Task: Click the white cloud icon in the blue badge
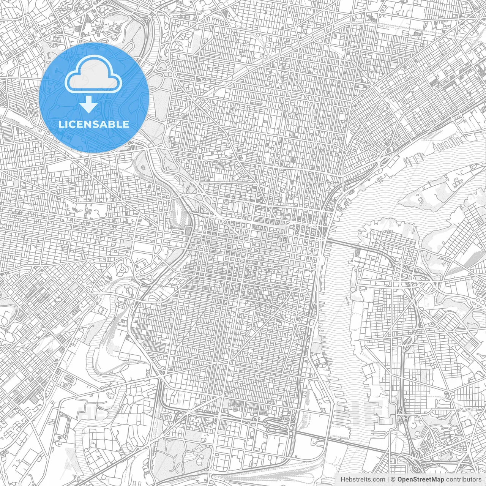tap(93, 76)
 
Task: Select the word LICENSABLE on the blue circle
tap(94, 124)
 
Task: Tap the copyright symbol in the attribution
tap(393, 479)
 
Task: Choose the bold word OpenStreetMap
tap(421, 479)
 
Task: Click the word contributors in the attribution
tap(463, 479)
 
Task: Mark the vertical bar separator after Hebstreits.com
tap(388, 479)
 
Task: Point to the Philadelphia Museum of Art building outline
tap(191, 189)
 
